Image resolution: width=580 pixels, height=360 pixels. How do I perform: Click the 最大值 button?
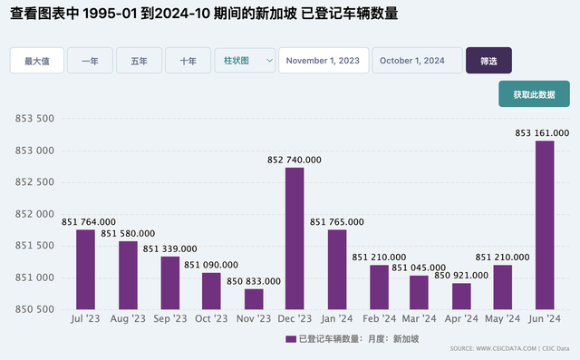coord(37,61)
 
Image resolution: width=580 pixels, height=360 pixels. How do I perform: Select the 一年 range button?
coord(90,61)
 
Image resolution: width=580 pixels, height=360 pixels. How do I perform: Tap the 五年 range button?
coord(139,61)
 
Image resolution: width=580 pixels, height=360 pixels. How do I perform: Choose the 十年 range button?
coord(188,61)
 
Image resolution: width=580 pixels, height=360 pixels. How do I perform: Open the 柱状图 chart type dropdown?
coord(245,61)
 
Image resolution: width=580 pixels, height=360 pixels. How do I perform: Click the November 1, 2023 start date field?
coord(324,61)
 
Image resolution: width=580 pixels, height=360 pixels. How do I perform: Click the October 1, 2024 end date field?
coord(417,61)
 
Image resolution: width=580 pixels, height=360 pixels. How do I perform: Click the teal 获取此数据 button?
coord(534,94)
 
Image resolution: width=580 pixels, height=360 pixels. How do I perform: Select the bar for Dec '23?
coord(295,238)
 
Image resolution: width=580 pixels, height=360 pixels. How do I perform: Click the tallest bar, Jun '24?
coord(545,224)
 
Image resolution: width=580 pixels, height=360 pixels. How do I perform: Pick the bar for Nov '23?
coord(253,298)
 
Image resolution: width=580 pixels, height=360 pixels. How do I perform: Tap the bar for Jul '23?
coord(85,268)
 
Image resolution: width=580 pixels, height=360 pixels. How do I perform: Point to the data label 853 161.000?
coord(542,132)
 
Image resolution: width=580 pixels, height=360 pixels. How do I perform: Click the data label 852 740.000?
coord(295,160)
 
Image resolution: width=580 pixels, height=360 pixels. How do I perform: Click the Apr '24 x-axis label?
coord(461,319)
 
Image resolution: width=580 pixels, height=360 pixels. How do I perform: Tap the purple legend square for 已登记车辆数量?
coord(290,338)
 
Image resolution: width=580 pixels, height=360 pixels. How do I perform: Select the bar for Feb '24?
coord(378,287)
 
